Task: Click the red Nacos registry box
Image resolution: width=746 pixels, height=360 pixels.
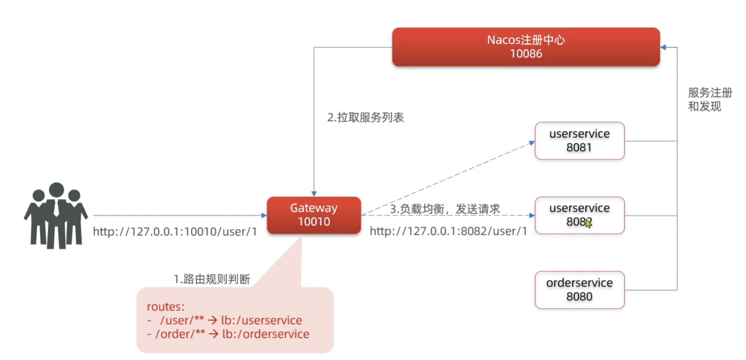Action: (526, 47)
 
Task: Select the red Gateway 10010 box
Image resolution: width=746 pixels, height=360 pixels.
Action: (314, 215)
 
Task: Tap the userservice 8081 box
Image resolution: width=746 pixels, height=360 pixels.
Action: (579, 141)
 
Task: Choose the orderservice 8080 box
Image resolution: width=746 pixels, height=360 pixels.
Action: (579, 289)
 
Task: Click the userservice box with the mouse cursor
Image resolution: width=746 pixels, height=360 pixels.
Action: (579, 215)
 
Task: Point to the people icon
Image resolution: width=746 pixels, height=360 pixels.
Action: (56, 215)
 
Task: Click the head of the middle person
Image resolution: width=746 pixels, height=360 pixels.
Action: (56, 190)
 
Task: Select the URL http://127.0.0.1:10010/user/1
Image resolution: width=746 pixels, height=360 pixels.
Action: (175, 231)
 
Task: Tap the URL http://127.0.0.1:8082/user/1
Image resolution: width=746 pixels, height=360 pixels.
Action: (448, 231)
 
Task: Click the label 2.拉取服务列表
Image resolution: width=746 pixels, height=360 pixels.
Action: (366, 118)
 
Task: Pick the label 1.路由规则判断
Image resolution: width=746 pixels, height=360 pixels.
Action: (212, 279)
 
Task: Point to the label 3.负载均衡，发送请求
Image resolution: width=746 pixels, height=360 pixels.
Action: (445, 209)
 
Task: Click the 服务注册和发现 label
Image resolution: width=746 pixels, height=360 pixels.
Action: (710, 99)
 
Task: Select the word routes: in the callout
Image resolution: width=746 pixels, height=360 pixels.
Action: (165, 307)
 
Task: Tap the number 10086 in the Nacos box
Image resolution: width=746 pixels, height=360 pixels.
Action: (526, 54)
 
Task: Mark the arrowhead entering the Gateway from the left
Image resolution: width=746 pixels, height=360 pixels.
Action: (264, 215)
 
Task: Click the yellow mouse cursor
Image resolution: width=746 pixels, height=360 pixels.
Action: (588, 223)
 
